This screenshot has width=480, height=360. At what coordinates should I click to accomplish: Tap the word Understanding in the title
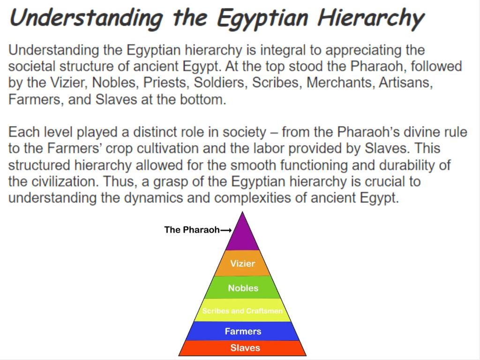tap(86, 18)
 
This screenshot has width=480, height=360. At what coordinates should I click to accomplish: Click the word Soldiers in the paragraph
tap(220, 82)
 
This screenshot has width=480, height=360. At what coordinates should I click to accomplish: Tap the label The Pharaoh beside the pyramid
tap(192, 230)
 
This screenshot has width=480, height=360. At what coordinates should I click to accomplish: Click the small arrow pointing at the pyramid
tap(226, 230)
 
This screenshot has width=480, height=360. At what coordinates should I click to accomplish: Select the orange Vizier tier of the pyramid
tap(242, 263)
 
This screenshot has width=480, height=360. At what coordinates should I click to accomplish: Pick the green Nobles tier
tap(242, 287)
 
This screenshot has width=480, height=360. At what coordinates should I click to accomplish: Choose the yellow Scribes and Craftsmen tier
tap(242, 310)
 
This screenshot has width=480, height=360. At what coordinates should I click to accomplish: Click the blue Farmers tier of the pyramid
tap(242, 331)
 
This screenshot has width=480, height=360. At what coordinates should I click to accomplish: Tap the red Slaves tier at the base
tap(242, 348)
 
